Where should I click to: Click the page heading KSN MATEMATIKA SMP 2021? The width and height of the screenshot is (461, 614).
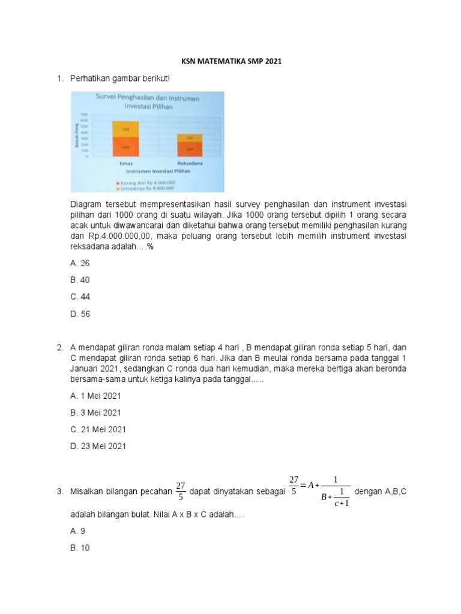[231, 61]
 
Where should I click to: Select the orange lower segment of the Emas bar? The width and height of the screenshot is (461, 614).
[125, 148]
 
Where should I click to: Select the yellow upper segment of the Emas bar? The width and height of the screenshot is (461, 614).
[125, 129]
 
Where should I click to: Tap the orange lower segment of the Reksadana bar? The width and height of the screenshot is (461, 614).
[189, 149]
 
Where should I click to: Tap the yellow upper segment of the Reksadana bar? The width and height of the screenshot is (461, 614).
[189, 138]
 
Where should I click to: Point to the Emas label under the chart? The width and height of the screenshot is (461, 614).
[126, 163]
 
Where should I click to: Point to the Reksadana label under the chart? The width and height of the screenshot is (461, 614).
[189, 163]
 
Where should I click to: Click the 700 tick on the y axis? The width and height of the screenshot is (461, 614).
[85, 114]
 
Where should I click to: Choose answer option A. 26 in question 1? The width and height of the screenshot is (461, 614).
[81, 263]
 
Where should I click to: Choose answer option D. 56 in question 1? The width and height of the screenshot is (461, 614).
[81, 314]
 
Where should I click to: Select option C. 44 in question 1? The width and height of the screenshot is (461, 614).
[81, 297]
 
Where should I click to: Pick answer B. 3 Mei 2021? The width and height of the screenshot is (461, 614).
[95, 413]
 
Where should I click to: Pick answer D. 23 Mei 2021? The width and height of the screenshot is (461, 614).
[98, 446]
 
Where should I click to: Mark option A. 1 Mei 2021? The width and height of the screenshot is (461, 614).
[95, 396]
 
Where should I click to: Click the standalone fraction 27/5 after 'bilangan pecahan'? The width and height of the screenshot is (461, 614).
[180, 491]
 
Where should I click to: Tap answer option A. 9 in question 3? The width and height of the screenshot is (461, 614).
[79, 531]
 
